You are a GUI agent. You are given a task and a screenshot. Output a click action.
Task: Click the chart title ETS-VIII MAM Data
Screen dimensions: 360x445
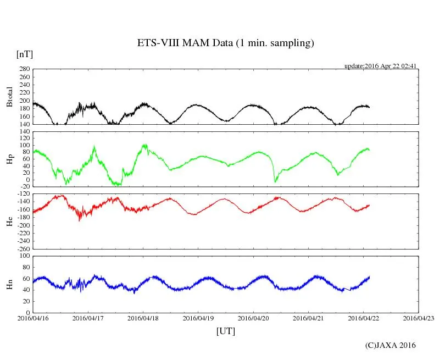coord(225,43)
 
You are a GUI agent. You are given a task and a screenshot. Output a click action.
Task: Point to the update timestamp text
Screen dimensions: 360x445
coord(380,66)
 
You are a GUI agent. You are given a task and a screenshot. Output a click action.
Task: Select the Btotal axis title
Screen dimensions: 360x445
coord(9,97)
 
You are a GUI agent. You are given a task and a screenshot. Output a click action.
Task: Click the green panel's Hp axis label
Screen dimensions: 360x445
coord(9,159)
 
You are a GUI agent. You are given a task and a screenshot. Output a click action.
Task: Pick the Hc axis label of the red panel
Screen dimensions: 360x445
coord(9,221)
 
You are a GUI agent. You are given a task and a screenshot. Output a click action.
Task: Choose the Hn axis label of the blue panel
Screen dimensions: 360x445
coord(9,284)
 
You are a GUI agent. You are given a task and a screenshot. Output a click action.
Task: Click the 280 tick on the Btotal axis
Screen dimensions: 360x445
coord(24,69)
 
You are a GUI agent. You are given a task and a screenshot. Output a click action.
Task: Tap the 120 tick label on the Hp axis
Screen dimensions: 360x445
coord(24,131)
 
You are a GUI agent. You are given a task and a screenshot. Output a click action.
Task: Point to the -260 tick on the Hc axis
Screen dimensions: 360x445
coord(23,248)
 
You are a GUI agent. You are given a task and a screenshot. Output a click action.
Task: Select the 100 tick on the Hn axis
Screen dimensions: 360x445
coord(24,256)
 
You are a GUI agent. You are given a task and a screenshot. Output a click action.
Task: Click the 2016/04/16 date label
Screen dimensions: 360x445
coord(33,318)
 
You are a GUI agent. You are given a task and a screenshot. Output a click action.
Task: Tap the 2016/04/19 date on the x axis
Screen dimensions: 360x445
coord(198,318)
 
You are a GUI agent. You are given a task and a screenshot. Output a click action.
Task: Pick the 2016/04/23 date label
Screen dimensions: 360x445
coord(418,318)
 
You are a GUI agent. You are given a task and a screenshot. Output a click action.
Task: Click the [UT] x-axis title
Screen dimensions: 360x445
coord(225,331)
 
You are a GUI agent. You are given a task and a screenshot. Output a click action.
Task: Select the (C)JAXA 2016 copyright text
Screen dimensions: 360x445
coord(391,345)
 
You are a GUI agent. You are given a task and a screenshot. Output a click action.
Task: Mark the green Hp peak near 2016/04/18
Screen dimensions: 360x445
coord(144,145)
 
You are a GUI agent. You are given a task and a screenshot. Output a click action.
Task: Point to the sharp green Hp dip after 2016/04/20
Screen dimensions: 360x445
coord(275,181)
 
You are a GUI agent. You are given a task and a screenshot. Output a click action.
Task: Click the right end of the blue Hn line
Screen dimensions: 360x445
coord(369,276)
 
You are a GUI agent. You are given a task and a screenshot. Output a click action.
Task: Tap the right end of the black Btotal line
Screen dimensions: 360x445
coord(369,107)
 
